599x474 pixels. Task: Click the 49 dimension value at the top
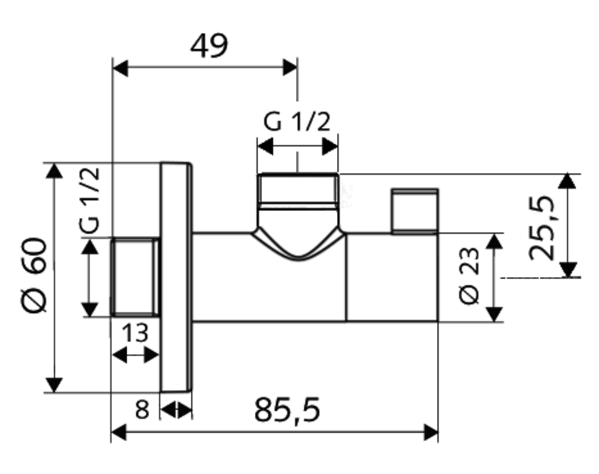(x=209, y=46)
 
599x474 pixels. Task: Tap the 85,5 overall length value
(x=287, y=410)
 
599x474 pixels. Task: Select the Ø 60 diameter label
(x=34, y=275)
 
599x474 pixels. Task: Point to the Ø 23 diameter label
(x=469, y=276)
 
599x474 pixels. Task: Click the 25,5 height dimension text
(x=541, y=228)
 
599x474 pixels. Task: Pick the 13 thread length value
(x=135, y=333)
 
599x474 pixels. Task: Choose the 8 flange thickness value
(x=142, y=410)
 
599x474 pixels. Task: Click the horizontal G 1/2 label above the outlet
(x=297, y=122)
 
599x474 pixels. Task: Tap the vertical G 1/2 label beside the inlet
(x=90, y=200)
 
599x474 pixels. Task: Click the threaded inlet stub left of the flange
(x=135, y=276)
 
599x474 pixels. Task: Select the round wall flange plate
(x=176, y=277)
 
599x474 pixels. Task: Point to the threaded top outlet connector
(x=298, y=191)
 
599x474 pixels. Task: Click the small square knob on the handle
(x=414, y=211)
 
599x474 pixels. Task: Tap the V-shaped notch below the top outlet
(x=298, y=244)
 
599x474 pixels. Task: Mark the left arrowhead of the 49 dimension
(x=120, y=68)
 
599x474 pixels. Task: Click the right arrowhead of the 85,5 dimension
(x=431, y=433)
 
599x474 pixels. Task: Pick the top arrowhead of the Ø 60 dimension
(x=54, y=171)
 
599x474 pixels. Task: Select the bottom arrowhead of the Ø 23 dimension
(x=495, y=314)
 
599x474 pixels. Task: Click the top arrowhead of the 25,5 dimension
(x=567, y=181)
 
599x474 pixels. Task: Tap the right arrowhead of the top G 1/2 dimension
(x=330, y=146)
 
